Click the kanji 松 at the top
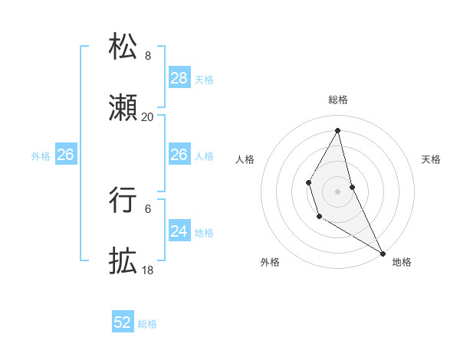click(x=123, y=47)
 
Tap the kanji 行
click(x=123, y=199)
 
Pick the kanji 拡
click(x=123, y=260)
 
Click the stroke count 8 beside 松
click(x=148, y=56)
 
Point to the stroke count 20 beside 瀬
click(x=148, y=117)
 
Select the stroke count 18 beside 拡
click(x=148, y=270)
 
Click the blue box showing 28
click(x=179, y=78)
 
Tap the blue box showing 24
click(x=179, y=231)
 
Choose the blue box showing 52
click(x=123, y=322)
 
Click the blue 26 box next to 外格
click(x=65, y=155)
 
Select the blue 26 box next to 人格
click(x=179, y=155)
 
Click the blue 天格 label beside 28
click(x=204, y=79)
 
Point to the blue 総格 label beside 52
click(x=147, y=324)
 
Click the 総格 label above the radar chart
click(x=338, y=100)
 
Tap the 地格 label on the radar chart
click(x=402, y=262)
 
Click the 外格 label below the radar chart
click(x=270, y=262)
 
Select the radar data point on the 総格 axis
click(x=338, y=129)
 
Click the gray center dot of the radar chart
click(x=338, y=190)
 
